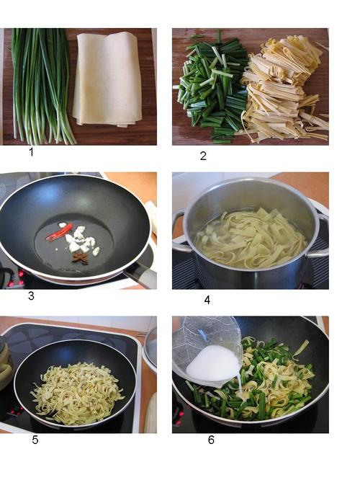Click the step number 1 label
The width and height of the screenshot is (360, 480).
31,151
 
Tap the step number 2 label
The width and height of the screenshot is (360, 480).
203,156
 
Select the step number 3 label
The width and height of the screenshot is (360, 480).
31,295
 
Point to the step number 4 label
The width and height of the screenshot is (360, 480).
207,300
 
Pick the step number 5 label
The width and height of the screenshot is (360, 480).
35,440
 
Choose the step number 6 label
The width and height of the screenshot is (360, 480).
211,440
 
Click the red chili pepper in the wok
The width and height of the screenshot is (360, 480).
60,232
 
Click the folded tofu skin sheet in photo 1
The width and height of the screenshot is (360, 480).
108,79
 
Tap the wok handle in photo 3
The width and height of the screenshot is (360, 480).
140,275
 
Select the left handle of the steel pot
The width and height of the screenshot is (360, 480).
179,231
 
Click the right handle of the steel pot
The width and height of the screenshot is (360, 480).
322,234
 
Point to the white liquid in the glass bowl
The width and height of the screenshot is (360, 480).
213,365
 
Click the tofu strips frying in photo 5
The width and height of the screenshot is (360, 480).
76,394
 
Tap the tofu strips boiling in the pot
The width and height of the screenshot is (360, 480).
250,236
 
